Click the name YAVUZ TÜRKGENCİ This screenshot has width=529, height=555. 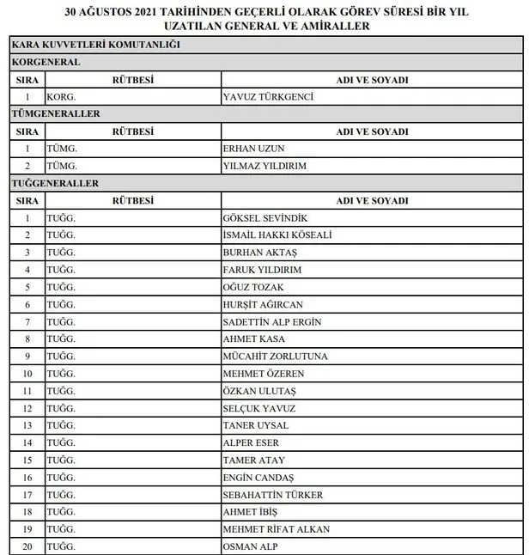point(267,97)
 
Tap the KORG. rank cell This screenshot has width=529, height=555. point(62,97)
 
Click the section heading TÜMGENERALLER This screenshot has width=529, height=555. point(56,113)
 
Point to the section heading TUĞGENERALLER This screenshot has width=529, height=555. point(55,183)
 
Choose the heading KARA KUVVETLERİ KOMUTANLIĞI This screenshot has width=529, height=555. point(95,45)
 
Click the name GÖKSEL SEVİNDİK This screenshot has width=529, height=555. point(264,218)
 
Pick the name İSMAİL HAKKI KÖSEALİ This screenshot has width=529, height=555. point(277,235)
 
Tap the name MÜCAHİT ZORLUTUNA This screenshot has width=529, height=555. point(275,357)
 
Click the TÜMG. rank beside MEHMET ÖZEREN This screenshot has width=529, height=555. point(62,374)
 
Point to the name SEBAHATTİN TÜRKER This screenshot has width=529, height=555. point(274,495)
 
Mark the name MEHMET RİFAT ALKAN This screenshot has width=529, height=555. point(276,529)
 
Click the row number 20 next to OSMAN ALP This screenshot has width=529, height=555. point(27,546)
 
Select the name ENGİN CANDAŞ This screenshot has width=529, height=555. point(258,478)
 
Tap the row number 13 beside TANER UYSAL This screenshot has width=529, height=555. point(27,425)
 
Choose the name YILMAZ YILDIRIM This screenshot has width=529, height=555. point(264,166)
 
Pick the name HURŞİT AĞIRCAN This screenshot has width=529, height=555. point(262,305)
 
